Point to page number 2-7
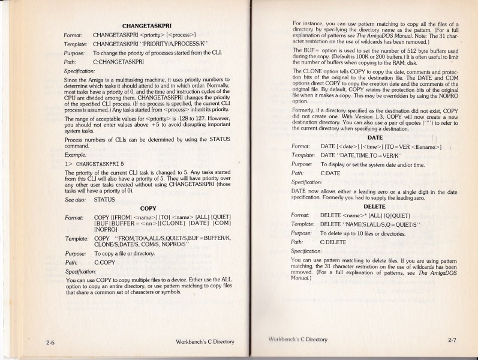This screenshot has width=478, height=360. coord(453,340)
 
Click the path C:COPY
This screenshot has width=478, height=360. coord(106,262)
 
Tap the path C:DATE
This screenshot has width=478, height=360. coord(330,172)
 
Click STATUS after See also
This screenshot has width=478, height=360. coord(104,199)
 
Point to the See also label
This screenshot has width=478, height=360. coord(75,199)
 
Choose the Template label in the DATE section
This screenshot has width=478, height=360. coord(303,155)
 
